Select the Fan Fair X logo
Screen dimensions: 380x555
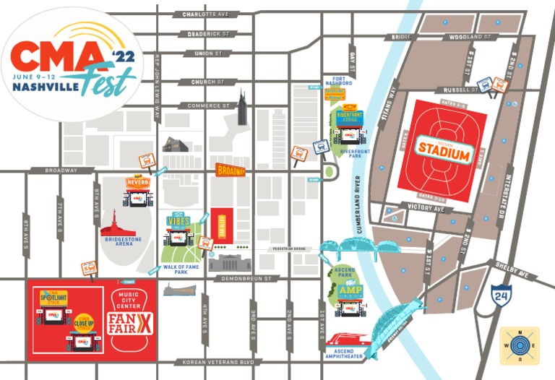tap(131, 319)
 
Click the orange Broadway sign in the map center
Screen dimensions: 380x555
tap(231, 171)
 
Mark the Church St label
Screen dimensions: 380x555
tap(205, 82)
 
